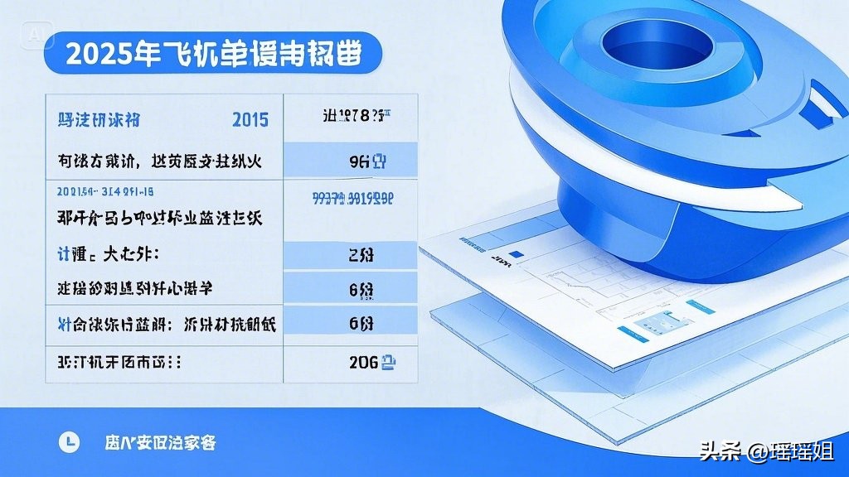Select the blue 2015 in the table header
pyautogui.click(x=250, y=120)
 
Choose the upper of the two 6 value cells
pyautogui.click(x=361, y=290)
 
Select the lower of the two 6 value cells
pyautogui.click(x=361, y=324)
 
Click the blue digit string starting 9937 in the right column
pyautogui.click(x=352, y=198)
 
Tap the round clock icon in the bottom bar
pyautogui.click(x=69, y=442)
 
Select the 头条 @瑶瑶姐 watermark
pyautogui.click(x=766, y=451)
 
